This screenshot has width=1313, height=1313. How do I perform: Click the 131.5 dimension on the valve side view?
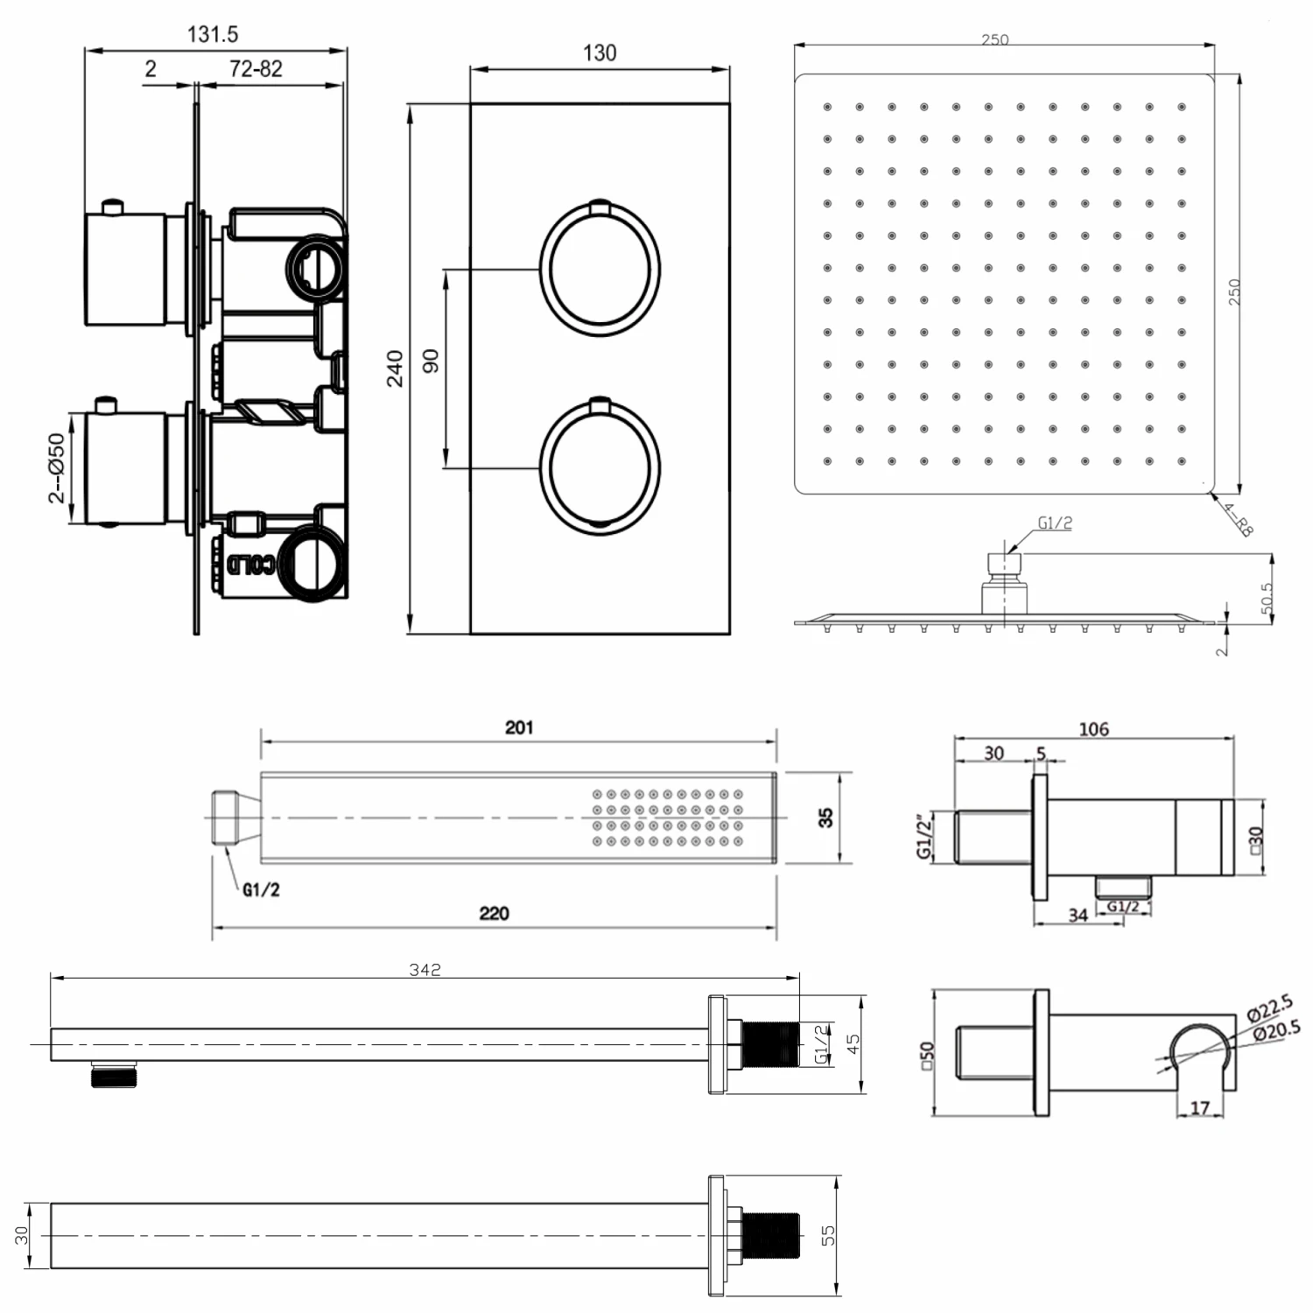(x=213, y=35)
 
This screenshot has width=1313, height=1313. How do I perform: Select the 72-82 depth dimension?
(x=256, y=69)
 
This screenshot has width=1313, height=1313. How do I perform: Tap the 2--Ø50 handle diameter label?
(x=56, y=468)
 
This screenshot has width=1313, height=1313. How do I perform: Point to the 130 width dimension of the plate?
(x=600, y=53)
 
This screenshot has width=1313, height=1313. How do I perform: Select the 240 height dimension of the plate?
(x=395, y=368)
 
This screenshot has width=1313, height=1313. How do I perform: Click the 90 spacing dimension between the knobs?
(x=431, y=361)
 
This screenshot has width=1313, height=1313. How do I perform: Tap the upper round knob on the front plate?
(x=600, y=269)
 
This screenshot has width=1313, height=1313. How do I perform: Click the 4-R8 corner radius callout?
(x=1238, y=518)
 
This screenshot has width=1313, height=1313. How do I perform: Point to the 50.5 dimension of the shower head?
(x=1267, y=599)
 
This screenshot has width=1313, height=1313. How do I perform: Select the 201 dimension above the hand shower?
(x=519, y=727)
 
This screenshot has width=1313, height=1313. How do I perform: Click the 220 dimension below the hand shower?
(x=494, y=913)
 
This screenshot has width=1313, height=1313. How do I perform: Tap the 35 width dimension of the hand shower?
(x=825, y=818)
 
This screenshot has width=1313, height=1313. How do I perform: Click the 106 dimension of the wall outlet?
(x=1093, y=728)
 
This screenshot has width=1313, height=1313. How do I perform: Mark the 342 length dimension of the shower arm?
(x=425, y=969)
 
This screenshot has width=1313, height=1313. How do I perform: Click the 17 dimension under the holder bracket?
(x=1200, y=1107)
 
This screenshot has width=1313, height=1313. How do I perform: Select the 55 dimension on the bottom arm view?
(x=828, y=1235)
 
